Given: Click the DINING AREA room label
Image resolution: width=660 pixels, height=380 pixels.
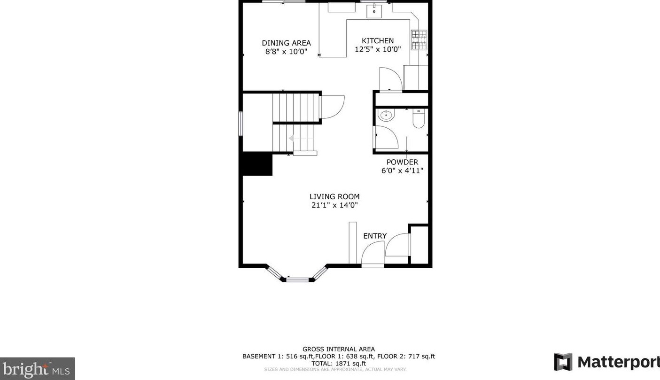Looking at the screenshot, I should [286, 43].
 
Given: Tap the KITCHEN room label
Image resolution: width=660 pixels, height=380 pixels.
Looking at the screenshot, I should [378, 41].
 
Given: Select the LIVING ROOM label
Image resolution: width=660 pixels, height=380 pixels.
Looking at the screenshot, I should [334, 197].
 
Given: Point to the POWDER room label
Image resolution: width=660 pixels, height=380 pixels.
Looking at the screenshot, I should [402, 162].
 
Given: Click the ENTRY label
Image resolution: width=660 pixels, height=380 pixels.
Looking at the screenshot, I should [375, 236].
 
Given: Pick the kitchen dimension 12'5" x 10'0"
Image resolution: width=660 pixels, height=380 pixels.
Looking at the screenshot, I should [378, 49].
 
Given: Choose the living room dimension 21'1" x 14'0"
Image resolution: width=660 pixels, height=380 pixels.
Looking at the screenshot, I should [334, 205].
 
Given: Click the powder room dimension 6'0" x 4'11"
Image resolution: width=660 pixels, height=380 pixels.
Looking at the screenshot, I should [402, 171].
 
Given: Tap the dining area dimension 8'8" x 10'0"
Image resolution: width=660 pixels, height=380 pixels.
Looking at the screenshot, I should [286, 52].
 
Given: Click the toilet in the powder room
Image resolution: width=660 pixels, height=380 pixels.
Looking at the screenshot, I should [418, 118].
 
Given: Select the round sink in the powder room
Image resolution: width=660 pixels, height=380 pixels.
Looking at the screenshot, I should [386, 115].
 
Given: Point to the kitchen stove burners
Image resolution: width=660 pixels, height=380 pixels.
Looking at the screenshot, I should [419, 40].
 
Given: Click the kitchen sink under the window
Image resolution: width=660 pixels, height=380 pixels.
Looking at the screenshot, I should [374, 10].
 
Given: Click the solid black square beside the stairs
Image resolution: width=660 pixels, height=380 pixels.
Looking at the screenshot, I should [257, 164].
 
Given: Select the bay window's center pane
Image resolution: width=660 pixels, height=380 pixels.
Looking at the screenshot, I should [298, 280].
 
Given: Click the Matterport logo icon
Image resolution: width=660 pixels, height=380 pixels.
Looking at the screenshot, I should [563, 362].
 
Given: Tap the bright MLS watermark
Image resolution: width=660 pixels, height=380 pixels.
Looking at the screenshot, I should [37, 369].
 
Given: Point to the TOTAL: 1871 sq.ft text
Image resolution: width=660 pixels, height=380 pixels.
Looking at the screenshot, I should [338, 363].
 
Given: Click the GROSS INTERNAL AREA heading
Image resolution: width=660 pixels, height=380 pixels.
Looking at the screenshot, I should [338, 349].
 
